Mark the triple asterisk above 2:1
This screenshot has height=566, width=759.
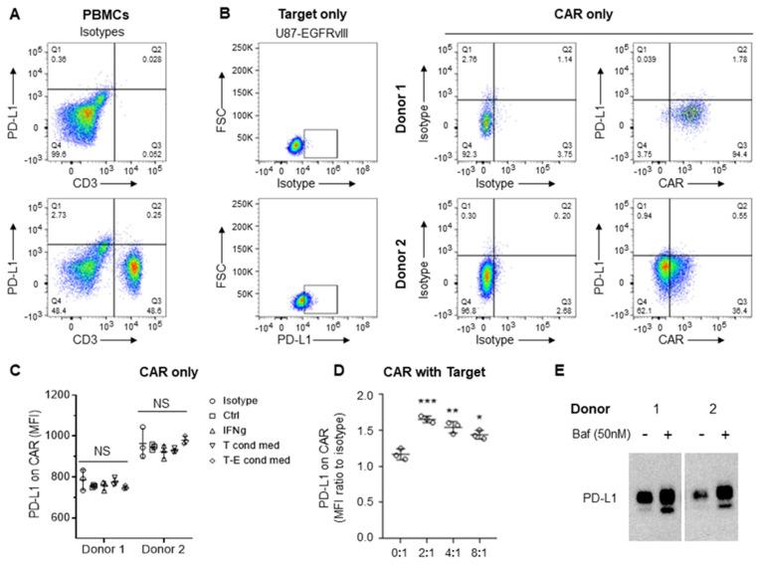tap(429, 406)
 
